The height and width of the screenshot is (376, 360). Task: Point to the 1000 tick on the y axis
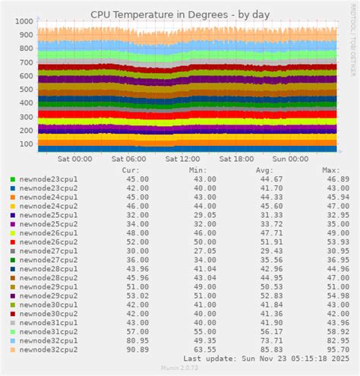coord(23,21)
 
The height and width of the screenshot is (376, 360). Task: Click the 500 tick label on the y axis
coord(25,82)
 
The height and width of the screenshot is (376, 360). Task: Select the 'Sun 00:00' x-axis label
coord(291,159)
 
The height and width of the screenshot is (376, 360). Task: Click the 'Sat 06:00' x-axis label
coord(128,159)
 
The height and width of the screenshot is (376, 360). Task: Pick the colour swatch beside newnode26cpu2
coord(12,242)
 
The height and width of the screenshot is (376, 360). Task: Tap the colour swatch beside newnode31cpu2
coord(12,332)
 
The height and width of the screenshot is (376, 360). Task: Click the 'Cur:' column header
coord(130,170)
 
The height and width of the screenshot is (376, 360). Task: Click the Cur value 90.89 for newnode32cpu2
coord(137,349)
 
